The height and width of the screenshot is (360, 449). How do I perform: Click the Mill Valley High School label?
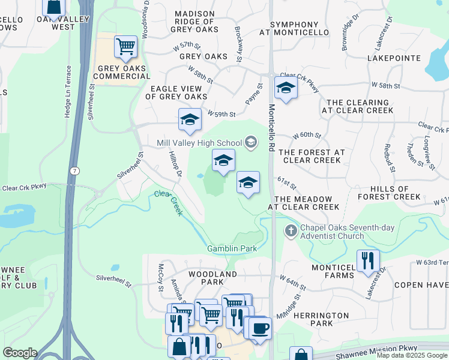(x=199, y=143)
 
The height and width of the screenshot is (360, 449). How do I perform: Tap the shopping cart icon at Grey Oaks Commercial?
(x=125, y=46)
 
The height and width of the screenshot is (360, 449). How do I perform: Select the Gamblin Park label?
(x=232, y=248)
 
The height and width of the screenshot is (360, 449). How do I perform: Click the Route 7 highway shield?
(x=74, y=170)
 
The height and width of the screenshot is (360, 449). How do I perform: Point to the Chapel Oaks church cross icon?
(x=291, y=230)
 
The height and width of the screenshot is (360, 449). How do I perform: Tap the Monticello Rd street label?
(x=271, y=128)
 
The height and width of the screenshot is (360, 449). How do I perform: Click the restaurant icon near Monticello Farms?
(x=368, y=260)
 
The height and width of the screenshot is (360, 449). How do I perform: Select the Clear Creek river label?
(x=168, y=203)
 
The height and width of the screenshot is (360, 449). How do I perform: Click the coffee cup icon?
(x=260, y=328)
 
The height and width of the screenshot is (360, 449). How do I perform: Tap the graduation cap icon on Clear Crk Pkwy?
(x=286, y=88)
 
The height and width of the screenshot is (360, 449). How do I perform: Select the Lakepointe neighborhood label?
(x=393, y=59)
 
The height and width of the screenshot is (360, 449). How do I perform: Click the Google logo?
(x=20, y=353)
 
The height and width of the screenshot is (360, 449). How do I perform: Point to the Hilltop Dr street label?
(x=175, y=164)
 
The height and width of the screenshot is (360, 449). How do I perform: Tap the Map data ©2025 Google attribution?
(x=411, y=355)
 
